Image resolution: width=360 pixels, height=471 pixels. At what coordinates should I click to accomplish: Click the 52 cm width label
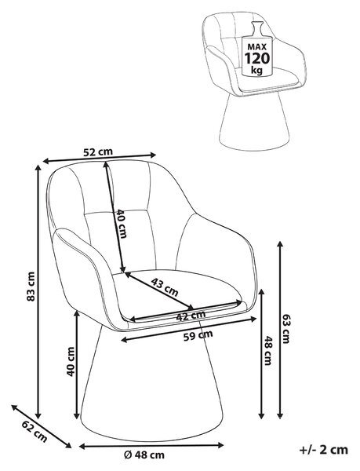point(98,152)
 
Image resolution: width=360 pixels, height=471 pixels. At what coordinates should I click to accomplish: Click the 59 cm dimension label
point(198,335)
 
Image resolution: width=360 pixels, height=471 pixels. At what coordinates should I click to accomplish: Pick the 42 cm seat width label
point(191,316)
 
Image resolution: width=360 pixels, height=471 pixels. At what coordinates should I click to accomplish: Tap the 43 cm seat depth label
point(165,287)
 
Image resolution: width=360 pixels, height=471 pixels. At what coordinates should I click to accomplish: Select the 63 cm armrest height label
point(286,328)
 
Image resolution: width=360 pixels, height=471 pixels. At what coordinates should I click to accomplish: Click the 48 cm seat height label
point(267,350)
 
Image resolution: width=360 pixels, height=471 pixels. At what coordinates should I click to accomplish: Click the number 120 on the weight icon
point(257,57)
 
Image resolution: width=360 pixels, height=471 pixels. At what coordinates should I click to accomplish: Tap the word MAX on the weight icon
point(257,46)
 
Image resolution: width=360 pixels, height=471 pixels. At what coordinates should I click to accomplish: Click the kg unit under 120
point(256,71)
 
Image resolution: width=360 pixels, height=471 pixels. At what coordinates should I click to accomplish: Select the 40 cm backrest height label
point(122,223)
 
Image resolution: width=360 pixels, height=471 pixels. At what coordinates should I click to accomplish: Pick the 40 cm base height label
point(71,361)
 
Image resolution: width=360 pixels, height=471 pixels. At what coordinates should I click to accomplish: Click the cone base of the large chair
point(152,381)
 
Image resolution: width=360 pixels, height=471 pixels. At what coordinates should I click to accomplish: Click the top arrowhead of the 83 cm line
point(38,168)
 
